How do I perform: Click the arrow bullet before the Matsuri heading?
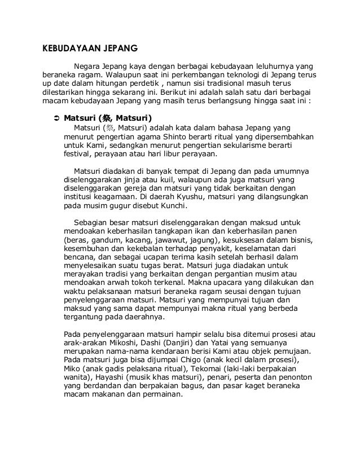click(x=55, y=119)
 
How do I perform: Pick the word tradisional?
click(x=243, y=85)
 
